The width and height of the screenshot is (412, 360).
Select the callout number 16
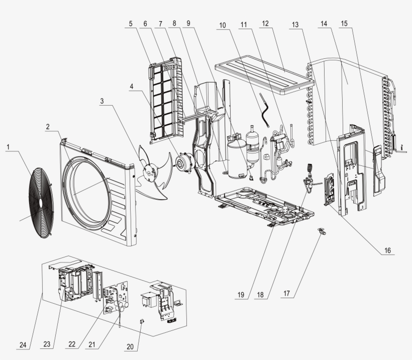click(x=387, y=249)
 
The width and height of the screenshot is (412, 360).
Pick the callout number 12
click(x=265, y=24)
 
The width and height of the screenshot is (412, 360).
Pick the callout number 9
click(x=188, y=24)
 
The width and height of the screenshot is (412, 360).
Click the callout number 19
click(x=242, y=295)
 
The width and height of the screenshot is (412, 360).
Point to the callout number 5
click(x=131, y=24)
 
